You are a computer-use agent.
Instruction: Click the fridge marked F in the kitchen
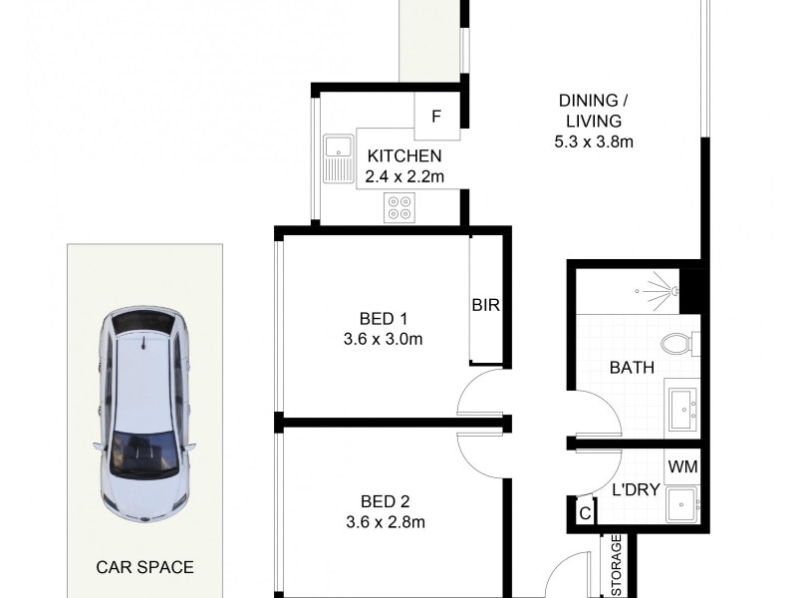tap(436, 116)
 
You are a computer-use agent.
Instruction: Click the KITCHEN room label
tap(403, 156)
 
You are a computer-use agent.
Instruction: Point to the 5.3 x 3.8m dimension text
tap(595, 141)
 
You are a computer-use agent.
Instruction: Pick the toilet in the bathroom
tap(679, 345)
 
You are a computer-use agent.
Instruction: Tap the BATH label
tap(632, 368)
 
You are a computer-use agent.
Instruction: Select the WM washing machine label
tap(681, 465)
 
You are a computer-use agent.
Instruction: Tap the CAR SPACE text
tap(144, 567)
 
